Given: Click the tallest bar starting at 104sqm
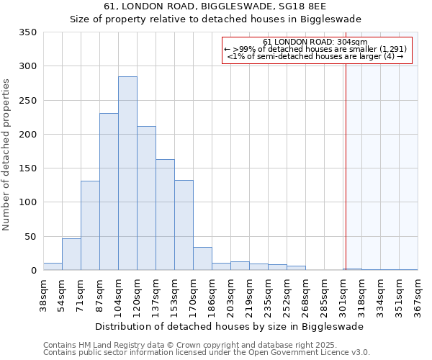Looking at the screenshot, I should [127, 174].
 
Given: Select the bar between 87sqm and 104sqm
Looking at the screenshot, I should [109, 192].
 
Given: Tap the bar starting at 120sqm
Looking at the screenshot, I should [146, 198].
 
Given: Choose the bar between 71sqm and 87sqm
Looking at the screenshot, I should [90, 225].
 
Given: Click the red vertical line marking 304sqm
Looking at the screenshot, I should [346, 158].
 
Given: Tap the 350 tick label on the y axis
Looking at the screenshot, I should [27, 32].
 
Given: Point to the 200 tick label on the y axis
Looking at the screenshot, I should [27, 135].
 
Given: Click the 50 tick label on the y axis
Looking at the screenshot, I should [30, 237].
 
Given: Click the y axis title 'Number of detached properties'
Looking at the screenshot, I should [7, 156].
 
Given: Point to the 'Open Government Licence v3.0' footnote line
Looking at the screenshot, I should [206, 353].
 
